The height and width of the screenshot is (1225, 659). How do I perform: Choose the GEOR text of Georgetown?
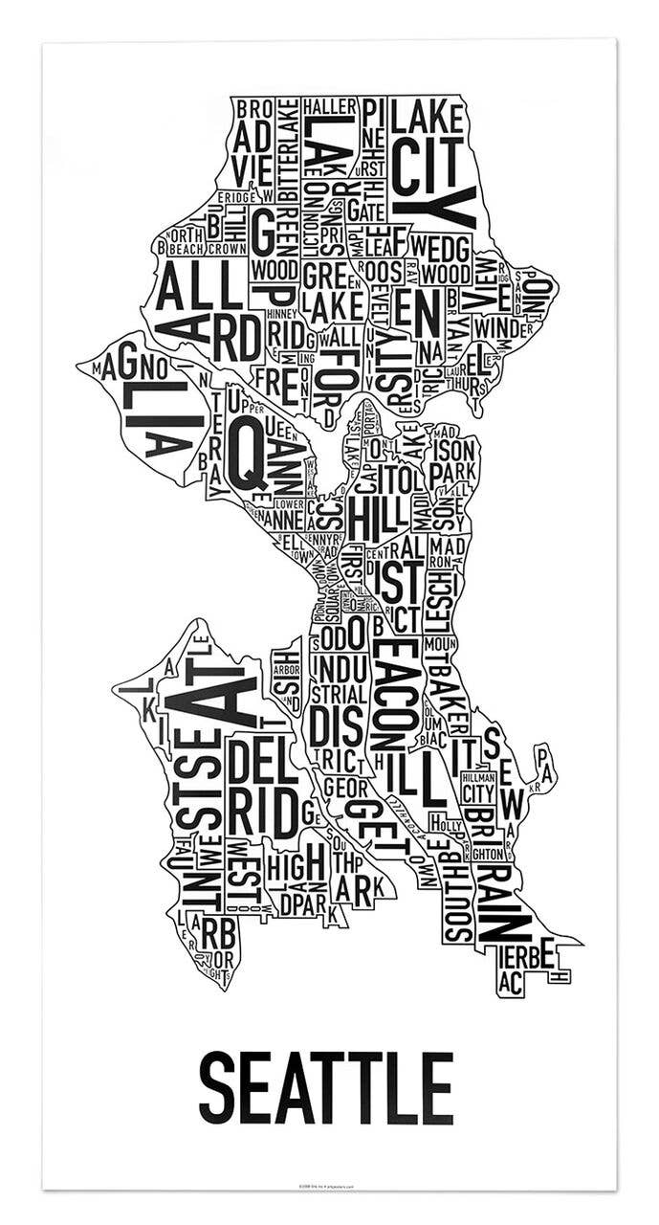[x=341, y=788]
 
